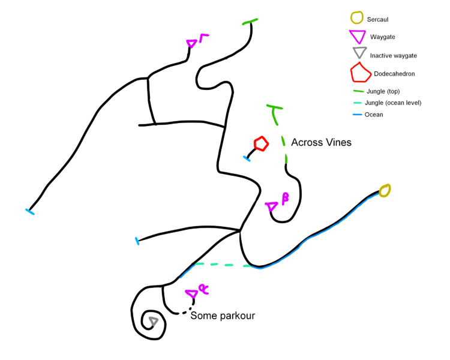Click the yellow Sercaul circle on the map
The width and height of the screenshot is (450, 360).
(x=385, y=191)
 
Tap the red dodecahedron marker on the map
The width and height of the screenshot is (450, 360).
(x=260, y=143)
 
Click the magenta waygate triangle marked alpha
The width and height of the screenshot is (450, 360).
(x=192, y=294)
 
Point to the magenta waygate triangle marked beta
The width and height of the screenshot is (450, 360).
(x=272, y=207)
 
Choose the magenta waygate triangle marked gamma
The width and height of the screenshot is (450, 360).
(x=191, y=44)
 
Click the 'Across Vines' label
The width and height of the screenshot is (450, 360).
(x=321, y=143)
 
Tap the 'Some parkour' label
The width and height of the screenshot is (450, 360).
(x=223, y=315)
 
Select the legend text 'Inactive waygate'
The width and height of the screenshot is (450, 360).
(x=393, y=56)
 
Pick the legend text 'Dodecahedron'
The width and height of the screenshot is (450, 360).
(x=394, y=74)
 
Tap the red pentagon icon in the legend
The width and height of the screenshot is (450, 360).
(x=360, y=73)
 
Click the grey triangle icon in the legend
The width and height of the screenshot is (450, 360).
(x=359, y=53)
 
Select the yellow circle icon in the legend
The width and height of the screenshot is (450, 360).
(x=358, y=19)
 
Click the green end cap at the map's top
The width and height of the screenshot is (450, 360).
(x=250, y=22)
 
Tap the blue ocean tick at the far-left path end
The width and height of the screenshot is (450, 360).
(x=29, y=211)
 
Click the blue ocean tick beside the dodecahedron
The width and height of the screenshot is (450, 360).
(x=247, y=158)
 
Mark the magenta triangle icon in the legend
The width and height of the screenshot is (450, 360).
(x=358, y=36)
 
